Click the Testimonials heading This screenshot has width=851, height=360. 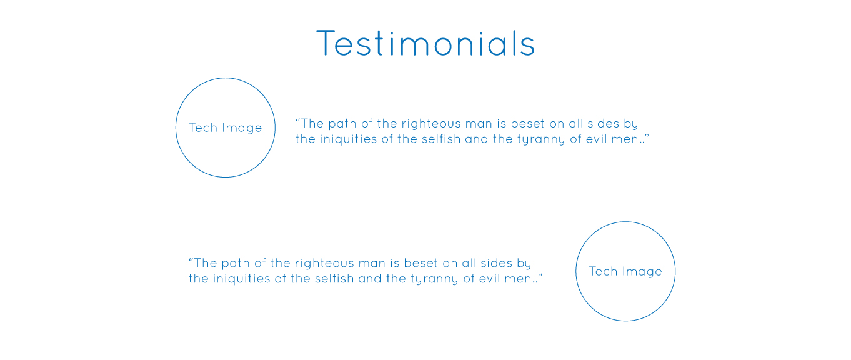[x=425, y=43]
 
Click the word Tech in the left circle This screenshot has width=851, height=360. [x=203, y=127]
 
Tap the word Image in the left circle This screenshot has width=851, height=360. [x=242, y=128]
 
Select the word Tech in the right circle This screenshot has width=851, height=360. [x=603, y=271]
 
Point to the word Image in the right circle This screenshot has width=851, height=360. [x=642, y=272]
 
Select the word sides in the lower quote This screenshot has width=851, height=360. [x=496, y=263]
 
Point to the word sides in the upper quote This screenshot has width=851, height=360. [x=603, y=124]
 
